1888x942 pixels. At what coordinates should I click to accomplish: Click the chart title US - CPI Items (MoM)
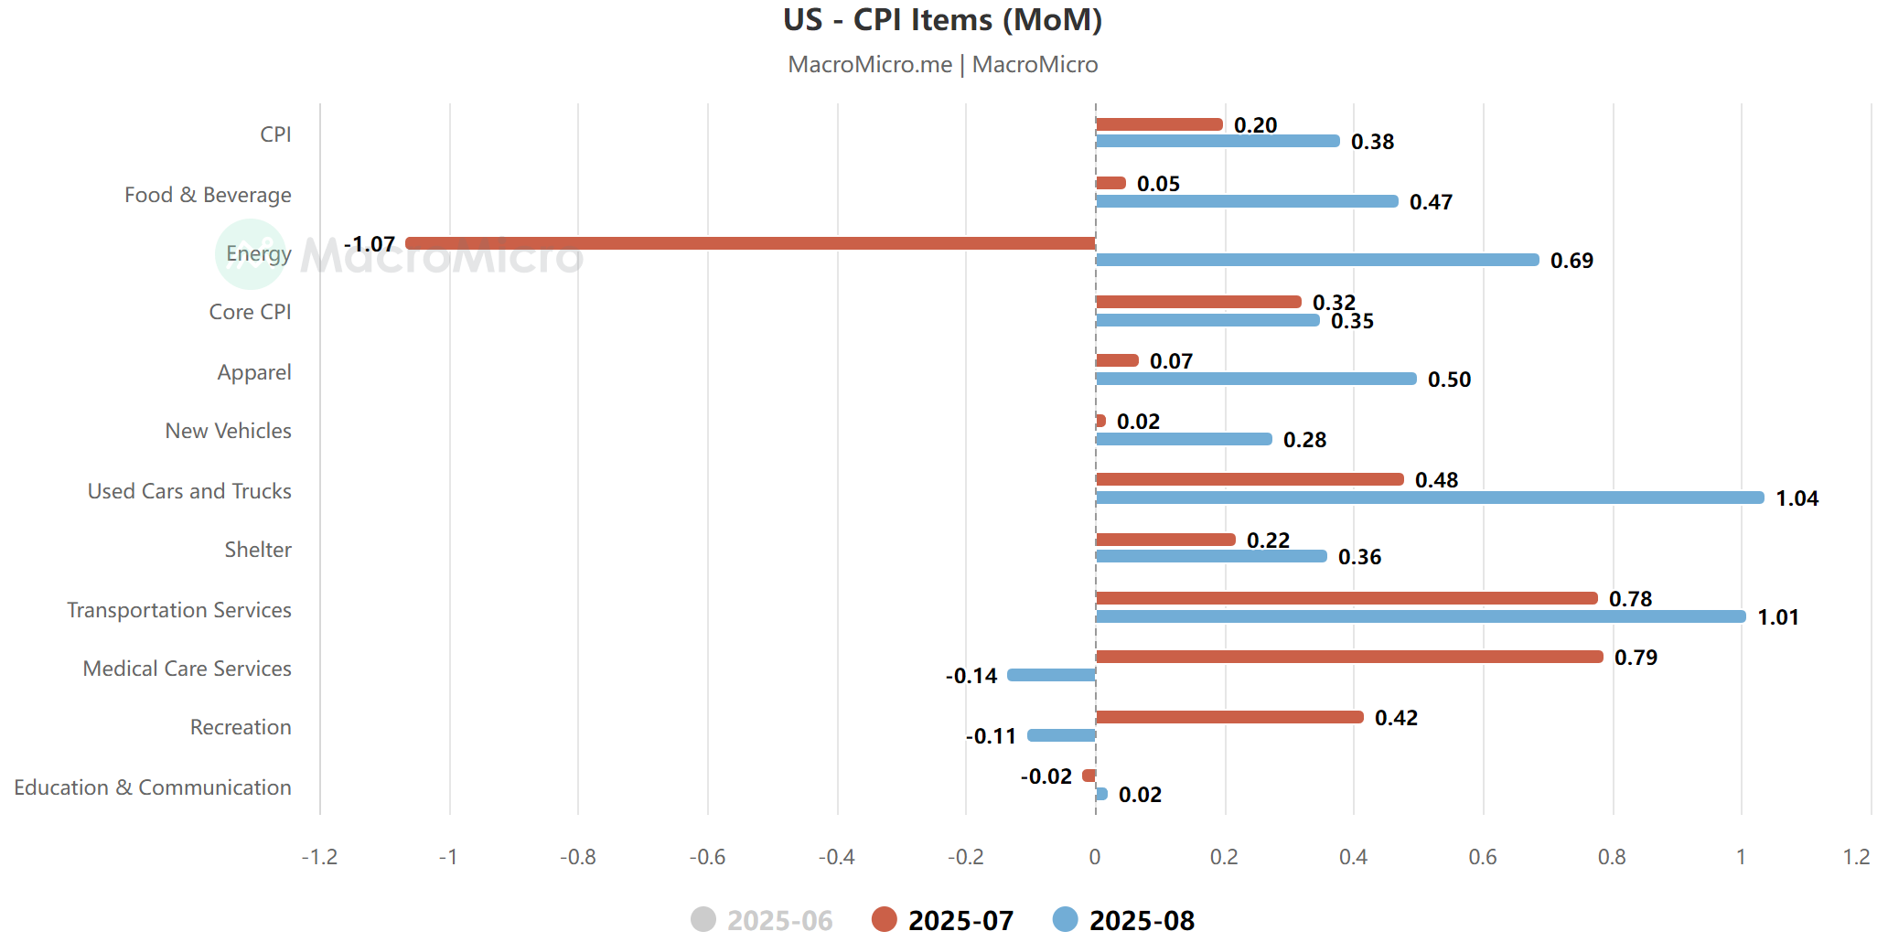coord(942,20)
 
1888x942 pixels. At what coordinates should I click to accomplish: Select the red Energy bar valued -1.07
coord(750,243)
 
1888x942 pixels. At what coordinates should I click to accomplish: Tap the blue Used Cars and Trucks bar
coord(1429,498)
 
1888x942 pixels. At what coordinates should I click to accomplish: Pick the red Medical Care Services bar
coord(1348,657)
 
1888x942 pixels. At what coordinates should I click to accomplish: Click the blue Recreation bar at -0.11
coord(1061,735)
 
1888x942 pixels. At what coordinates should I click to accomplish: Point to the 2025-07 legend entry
coord(943,920)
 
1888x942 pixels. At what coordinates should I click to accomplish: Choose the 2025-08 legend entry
coord(1124,920)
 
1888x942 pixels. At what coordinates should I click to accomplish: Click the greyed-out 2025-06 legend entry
coord(762,920)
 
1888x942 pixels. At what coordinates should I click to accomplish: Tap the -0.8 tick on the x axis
coord(578,857)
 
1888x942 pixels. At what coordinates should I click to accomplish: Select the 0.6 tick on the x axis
coord(1483,857)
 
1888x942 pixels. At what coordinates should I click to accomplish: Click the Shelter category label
coord(258,550)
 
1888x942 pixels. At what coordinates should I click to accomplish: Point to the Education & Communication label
coord(153,787)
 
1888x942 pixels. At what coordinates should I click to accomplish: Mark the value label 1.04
coord(1797,498)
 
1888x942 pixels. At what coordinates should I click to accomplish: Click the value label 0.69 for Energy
coord(1572,261)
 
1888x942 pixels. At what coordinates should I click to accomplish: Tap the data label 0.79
coord(1636,658)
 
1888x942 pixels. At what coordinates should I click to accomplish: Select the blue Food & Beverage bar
coord(1246,201)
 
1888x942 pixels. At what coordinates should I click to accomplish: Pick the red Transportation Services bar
coord(1346,598)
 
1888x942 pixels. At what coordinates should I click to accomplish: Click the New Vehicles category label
coord(228,431)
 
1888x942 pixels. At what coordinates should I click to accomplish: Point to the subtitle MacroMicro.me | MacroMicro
coord(942,65)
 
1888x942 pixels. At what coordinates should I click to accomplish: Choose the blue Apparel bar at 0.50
coord(1255,379)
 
